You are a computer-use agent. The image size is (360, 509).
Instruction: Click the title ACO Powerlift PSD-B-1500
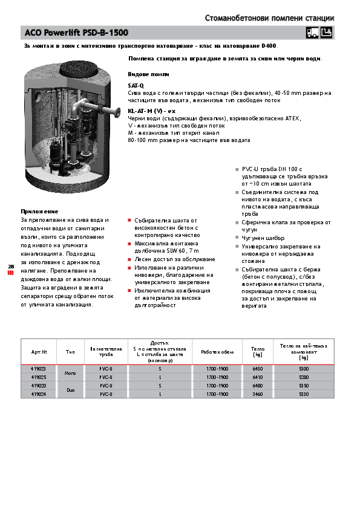[x=76, y=32]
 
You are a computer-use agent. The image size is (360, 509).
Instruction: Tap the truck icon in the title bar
[x=312, y=33]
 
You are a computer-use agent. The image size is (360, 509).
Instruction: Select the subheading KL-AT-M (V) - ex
[x=151, y=111]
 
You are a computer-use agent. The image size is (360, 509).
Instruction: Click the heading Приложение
[x=39, y=212]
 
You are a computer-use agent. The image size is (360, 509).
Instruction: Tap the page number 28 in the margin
[x=10, y=266]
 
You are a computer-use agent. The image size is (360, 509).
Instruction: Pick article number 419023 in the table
[x=38, y=368]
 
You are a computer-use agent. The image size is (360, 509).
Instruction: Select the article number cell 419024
[x=38, y=394]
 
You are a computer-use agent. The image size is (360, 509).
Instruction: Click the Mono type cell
[x=70, y=372]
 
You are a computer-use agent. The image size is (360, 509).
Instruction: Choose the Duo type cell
[x=70, y=389]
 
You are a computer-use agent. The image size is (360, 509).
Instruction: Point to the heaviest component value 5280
[x=304, y=377]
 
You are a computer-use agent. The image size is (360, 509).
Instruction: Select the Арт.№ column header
[x=38, y=351]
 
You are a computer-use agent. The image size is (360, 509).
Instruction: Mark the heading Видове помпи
[x=148, y=74]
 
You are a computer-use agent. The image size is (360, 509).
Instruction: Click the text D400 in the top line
[x=269, y=45]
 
